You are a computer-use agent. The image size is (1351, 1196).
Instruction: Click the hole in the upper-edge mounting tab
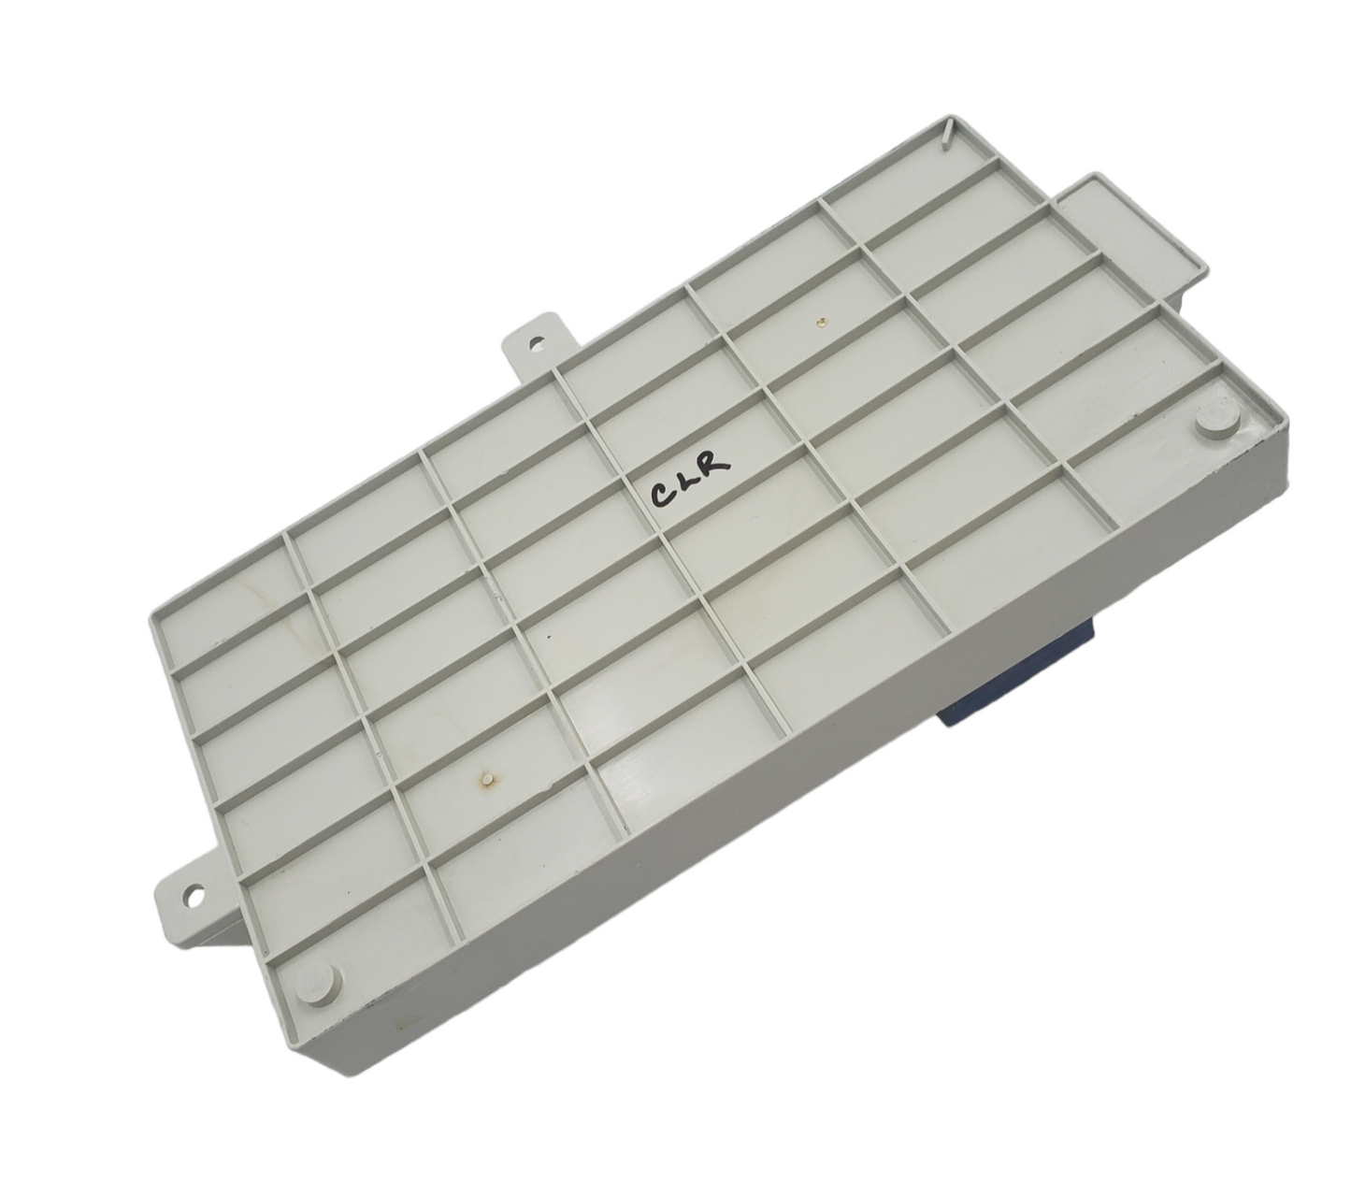(536, 343)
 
